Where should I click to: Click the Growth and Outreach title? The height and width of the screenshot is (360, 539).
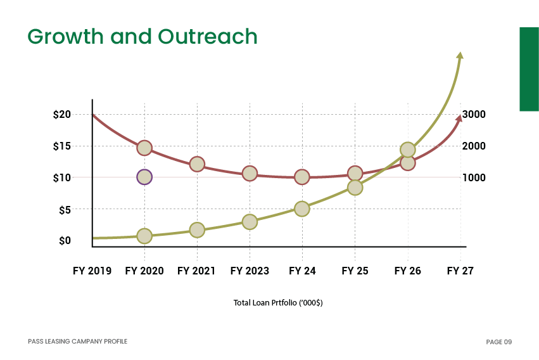[x=143, y=36]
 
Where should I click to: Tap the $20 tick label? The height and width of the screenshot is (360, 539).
[x=62, y=115]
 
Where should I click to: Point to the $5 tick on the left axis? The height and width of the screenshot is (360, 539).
[x=65, y=210]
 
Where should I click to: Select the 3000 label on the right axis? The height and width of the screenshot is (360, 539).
[x=474, y=114]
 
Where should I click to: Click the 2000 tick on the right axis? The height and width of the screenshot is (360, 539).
[x=474, y=146]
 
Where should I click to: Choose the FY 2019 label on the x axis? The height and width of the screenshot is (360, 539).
[x=92, y=271]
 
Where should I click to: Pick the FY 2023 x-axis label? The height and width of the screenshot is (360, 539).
[x=250, y=271]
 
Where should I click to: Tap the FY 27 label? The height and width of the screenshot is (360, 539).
[x=460, y=271]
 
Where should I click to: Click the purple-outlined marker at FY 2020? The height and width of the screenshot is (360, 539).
[x=144, y=177]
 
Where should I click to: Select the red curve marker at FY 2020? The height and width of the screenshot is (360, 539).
[x=144, y=148]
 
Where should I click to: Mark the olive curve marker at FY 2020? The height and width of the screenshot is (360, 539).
[x=144, y=236]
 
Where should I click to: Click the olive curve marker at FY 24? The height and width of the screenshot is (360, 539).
[x=302, y=209]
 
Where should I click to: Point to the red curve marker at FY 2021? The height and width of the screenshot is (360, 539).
[x=197, y=164]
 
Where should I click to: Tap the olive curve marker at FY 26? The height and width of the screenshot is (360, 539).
[x=408, y=150]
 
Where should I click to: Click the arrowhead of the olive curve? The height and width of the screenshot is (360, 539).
[x=460, y=56]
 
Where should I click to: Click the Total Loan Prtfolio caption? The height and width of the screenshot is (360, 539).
[x=278, y=303]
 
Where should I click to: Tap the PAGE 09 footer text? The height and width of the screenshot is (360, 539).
[x=498, y=342]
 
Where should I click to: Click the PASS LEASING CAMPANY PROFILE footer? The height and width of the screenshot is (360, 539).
[x=77, y=342]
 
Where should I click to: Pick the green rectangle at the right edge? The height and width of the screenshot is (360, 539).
[x=529, y=69]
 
